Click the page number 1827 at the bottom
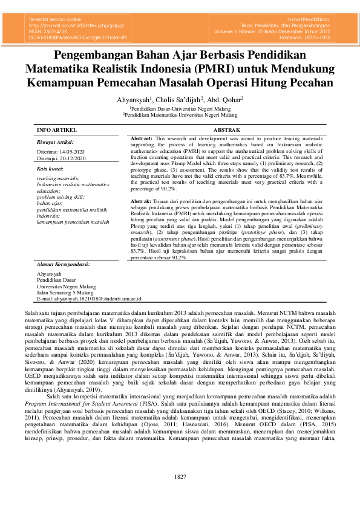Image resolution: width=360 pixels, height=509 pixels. click(180, 494)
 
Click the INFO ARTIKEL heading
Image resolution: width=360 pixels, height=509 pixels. click(57, 130)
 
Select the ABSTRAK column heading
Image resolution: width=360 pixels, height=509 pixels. click(227, 130)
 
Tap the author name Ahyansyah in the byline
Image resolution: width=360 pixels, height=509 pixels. click(134, 99)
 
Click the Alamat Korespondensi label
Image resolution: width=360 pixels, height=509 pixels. click(64, 264)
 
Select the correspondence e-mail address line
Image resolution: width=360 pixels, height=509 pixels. click(89, 299)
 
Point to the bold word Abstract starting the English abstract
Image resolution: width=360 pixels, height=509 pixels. click(142, 139)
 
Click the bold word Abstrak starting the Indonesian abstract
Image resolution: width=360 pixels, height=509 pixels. click(141, 201)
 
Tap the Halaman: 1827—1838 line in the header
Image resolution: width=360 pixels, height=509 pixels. click(300, 37)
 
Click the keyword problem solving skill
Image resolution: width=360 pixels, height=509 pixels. click(61, 197)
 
